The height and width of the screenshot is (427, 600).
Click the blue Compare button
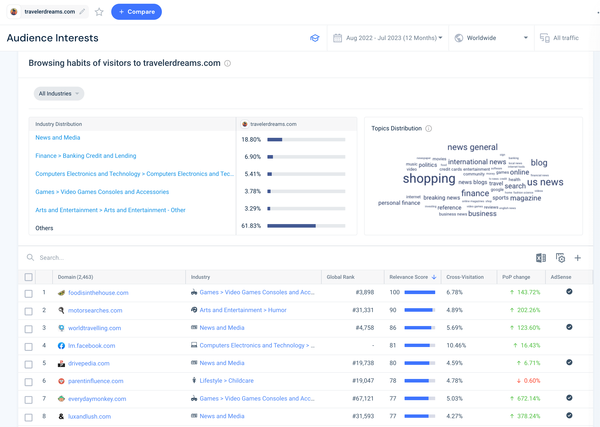(136, 12)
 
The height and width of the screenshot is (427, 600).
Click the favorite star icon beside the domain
(99, 12)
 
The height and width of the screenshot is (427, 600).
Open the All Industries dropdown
(59, 94)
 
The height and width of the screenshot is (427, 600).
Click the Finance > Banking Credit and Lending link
(86, 156)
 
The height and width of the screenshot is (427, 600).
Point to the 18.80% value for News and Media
(251, 140)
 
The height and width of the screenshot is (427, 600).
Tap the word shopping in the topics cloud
(429, 179)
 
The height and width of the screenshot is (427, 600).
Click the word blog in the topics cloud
(539, 163)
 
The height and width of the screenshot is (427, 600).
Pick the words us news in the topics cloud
(545, 182)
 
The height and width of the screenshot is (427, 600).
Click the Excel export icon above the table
(541, 258)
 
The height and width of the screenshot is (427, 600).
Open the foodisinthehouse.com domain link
(98, 293)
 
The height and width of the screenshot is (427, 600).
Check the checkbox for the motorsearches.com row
(28, 311)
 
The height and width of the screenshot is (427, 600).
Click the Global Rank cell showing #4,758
(365, 328)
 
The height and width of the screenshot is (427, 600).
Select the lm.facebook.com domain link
(92, 346)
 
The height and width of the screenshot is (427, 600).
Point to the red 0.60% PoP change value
(532, 381)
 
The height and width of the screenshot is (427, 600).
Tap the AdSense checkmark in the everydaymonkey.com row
(569, 398)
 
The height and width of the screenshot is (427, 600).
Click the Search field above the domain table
(158, 258)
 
